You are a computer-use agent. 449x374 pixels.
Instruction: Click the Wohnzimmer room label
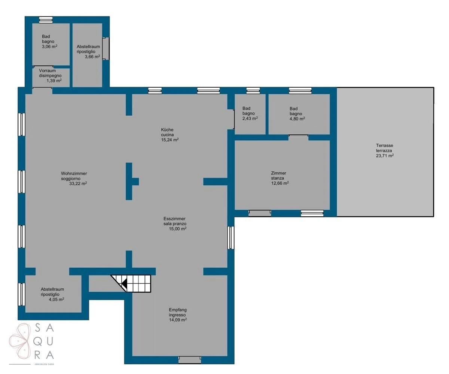(x=74, y=173)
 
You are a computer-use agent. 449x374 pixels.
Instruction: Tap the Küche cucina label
(x=167, y=132)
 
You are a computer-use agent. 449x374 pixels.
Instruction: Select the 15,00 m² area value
(x=178, y=229)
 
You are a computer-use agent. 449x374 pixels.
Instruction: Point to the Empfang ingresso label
(x=178, y=312)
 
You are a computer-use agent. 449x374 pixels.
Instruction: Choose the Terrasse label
(x=385, y=146)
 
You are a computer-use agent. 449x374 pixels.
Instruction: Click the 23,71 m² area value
(x=385, y=156)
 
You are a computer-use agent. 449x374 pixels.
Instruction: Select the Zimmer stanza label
(x=278, y=176)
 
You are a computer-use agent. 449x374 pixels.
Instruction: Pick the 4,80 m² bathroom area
(x=297, y=119)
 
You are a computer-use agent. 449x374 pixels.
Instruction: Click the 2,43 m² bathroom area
(x=250, y=118)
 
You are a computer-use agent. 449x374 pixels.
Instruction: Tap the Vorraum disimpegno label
(x=50, y=73)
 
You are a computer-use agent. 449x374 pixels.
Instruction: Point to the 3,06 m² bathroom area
(x=49, y=46)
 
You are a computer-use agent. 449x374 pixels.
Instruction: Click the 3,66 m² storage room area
(x=92, y=57)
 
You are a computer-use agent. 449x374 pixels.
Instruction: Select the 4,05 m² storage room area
(x=56, y=299)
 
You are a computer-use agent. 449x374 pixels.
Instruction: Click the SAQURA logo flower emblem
(x=20, y=341)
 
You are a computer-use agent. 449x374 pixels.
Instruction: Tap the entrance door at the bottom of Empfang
(x=190, y=360)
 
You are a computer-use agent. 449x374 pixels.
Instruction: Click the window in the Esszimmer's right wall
(x=231, y=238)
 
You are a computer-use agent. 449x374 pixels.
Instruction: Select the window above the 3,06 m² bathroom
(x=46, y=20)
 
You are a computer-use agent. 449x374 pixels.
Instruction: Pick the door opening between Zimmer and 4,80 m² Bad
(x=298, y=137)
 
